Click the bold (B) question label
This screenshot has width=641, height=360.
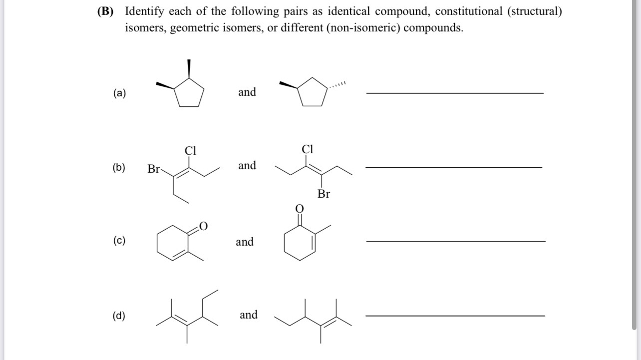point(105,11)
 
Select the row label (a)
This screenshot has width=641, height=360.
point(119,93)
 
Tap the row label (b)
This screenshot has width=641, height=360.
point(119,167)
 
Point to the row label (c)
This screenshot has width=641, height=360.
point(119,241)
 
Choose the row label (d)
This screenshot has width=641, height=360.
point(119,316)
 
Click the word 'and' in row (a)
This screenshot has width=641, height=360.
point(247,92)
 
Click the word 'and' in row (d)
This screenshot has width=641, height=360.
point(249,315)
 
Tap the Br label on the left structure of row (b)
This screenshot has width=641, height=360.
point(153,169)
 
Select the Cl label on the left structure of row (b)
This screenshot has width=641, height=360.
point(191,150)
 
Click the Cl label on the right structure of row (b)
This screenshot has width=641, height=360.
point(308,149)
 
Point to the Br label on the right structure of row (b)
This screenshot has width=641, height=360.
point(323,194)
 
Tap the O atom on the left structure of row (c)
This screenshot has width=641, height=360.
point(203,227)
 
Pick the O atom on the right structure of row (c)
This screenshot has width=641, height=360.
point(299,208)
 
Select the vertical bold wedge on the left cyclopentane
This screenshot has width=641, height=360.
point(189,69)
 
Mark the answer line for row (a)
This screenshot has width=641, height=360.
point(454,93)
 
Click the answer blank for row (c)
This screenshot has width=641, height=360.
point(455,242)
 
